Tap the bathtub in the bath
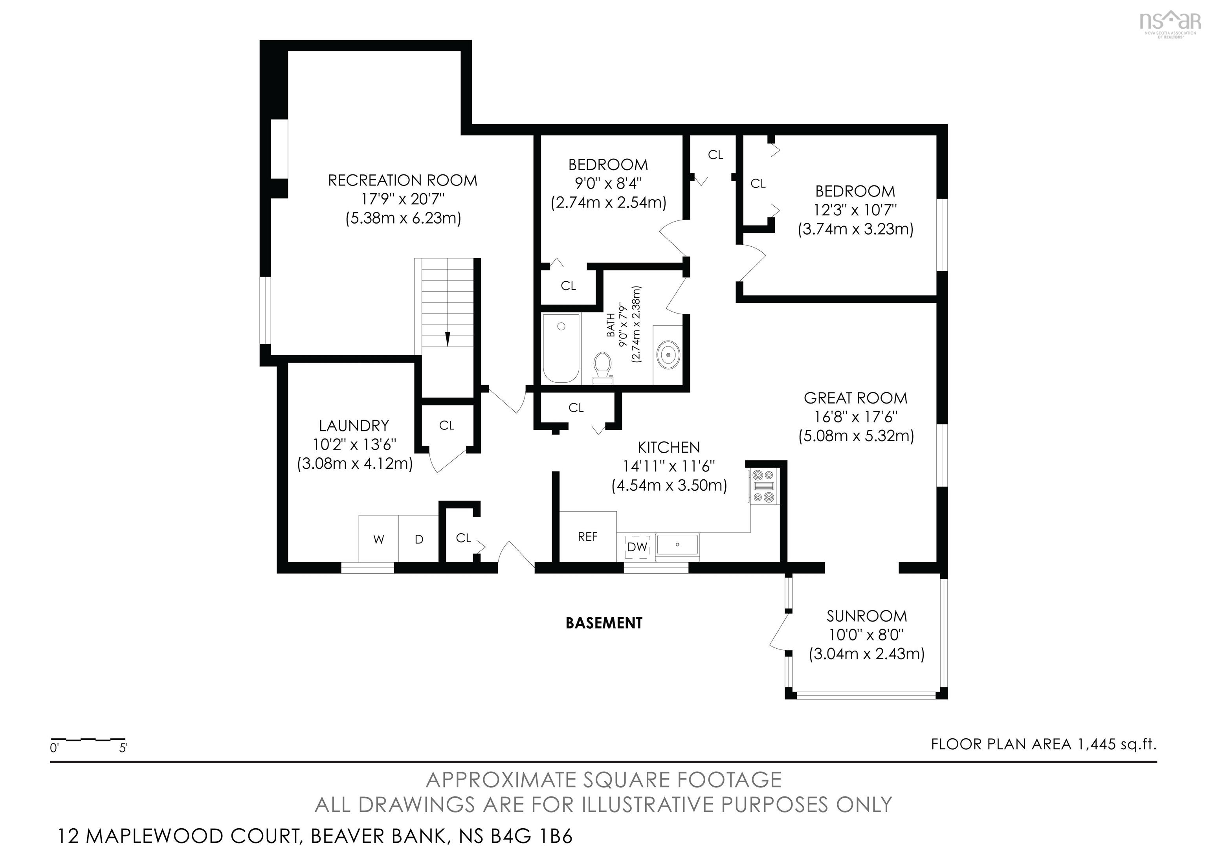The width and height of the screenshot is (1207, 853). [x=561, y=349]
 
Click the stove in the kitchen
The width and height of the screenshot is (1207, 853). [x=764, y=486]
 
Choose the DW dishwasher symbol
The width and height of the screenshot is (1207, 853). [x=638, y=547]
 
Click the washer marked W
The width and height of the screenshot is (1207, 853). [x=378, y=539]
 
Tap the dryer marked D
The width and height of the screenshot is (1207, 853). [x=418, y=539]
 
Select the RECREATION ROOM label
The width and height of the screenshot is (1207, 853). [x=403, y=180]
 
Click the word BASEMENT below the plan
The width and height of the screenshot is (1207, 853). [x=604, y=623]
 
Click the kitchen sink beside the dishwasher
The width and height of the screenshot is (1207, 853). [x=677, y=545]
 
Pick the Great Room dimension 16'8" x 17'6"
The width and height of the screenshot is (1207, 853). [x=856, y=417]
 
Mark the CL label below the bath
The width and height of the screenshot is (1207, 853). [x=576, y=407]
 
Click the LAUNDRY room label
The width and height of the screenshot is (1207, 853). [x=354, y=425]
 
